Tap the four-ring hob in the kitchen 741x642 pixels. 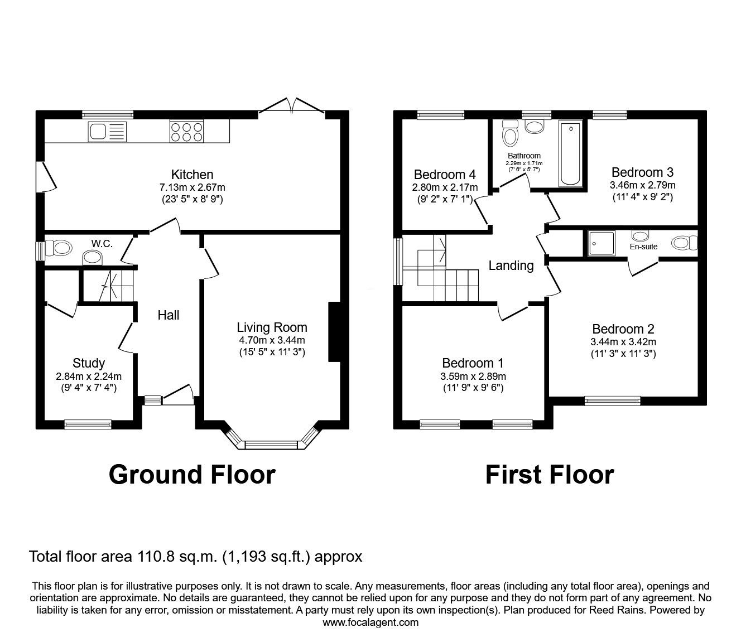click(x=186, y=132)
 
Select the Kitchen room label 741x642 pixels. click(x=192, y=175)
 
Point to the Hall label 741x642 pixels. click(x=168, y=315)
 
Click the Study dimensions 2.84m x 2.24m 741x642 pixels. click(x=89, y=376)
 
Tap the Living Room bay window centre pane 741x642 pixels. click(x=273, y=445)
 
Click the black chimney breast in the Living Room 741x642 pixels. click(x=334, y=332)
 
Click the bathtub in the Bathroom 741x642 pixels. click(x=570, y=153)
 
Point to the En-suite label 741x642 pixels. click(x=643, y=247)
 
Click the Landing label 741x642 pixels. click(x=511, y=266)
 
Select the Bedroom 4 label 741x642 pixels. click(x=444, y=175)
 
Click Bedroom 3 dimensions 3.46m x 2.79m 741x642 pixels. click(x=642, y=185)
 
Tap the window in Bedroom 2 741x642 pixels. click(x=612, y=400)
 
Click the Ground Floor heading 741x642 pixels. click(x=192, y=475)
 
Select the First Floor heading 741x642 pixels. click(x=549, y=475)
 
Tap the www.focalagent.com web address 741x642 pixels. click(x=371, y=622)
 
